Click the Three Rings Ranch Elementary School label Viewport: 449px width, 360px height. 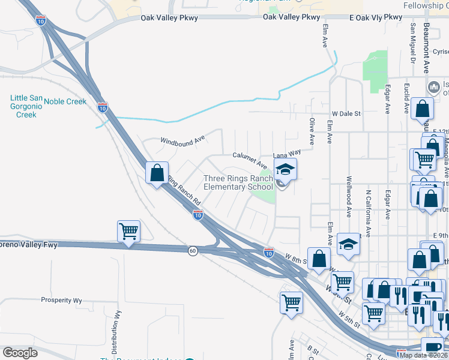(x=238, y=182)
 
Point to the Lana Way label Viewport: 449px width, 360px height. (x=287, y=154)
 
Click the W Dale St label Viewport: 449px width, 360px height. (x=346, y=113)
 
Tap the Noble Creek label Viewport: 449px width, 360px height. (x=65, y=101)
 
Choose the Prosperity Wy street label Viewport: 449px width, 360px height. (x=61, y=300)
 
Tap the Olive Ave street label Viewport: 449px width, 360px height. (x=312, y=131)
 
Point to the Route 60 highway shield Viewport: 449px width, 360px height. (x=191, y=250)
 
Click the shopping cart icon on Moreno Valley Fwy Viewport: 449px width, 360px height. (x=129, y=231)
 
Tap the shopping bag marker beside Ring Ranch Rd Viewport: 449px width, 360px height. (x=157, y=173)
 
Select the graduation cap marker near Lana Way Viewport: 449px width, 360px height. (x=286, y=170)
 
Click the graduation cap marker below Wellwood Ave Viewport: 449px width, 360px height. (x=346, y=244)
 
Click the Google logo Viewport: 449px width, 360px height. (x=20, y=353)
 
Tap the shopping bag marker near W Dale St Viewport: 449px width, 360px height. (x=423, y=109)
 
